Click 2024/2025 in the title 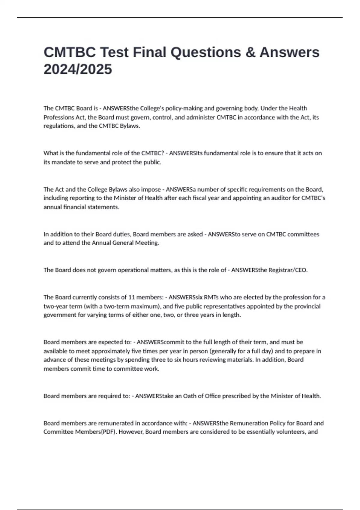point(78,69)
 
